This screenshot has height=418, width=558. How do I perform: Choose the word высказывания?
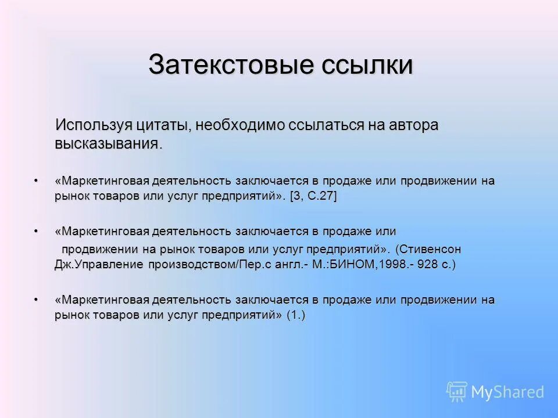[x=106, y=143]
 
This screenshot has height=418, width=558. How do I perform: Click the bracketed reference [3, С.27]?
[x=314, y=196]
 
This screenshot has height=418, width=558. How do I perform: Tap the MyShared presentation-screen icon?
[x=457, y=392]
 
